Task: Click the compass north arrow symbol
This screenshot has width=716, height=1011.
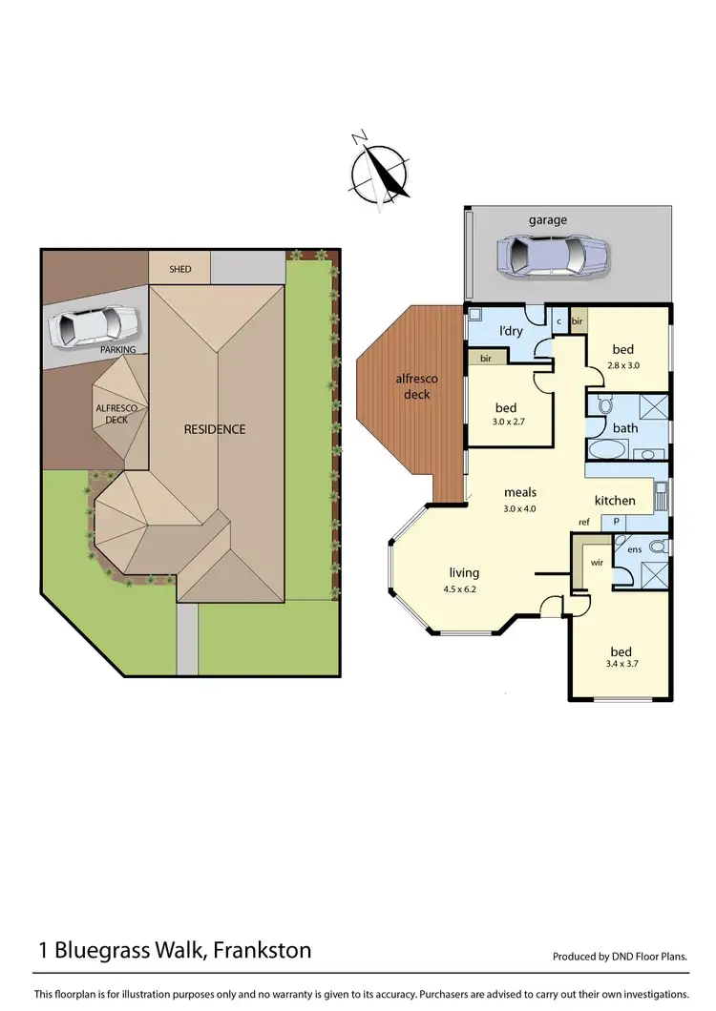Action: coord(379,172)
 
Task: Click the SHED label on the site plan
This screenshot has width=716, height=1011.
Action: coord(179,269)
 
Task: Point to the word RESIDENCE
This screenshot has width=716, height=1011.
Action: coord(215,429)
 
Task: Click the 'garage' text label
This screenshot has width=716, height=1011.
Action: coord(548,220)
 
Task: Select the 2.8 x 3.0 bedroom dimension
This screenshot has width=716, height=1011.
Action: coord(622,364)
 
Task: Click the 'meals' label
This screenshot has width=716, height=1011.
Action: coord(520,493)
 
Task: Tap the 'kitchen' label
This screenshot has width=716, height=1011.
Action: coord(615,501)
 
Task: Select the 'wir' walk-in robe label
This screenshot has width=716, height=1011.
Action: coord(597,563)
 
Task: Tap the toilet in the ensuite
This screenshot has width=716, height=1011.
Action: coord(655,547)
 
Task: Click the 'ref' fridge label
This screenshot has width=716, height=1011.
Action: coord(583,522)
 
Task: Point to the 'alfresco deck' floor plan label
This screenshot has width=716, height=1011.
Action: coord(417,386)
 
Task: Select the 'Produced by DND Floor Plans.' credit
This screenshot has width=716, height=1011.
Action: coord(621,957)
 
